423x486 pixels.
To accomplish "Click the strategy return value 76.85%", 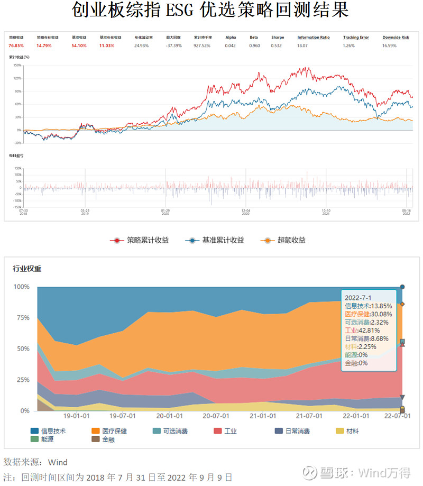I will (x=15, y=46).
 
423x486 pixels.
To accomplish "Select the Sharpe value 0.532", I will (x=277, y=46).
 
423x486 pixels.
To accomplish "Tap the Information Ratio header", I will (x=313, y=38).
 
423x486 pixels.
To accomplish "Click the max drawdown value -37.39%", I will (x=174, y=46).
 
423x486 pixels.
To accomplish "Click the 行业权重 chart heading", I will (x=27, y=269).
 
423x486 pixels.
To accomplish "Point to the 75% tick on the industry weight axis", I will (x=22, y=318).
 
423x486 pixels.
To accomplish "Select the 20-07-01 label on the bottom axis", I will (x=215, y=416).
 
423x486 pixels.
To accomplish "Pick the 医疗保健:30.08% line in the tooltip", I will (x=369, y=315).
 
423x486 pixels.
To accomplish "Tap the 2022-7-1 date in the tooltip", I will (x=357, y=298).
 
